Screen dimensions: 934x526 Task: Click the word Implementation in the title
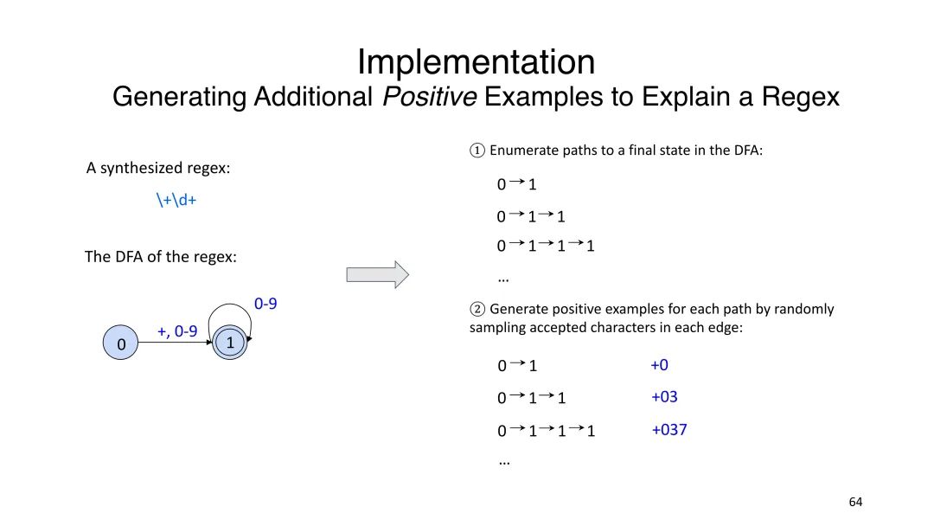point(476,62)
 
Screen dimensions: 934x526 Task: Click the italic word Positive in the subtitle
point(430,97)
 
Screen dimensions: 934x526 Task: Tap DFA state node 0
point(121,344)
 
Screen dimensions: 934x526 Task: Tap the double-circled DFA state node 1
point(230,343)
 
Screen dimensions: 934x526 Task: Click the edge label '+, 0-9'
point(177,330)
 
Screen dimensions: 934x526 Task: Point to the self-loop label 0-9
point(265,304)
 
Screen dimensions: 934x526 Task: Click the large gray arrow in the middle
point(377,274)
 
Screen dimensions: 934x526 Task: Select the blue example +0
point(659,365)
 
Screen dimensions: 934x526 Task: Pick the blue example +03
point(664,397)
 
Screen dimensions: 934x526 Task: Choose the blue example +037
point(669,429)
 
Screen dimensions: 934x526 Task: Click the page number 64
point(855,502)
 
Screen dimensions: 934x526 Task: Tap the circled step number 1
point(477,151)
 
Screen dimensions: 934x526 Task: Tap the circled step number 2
point(477,309)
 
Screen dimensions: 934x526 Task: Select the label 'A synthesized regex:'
point(158,168)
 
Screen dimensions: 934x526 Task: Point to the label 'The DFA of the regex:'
point(160,257)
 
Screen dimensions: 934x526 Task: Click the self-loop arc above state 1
point(229,305)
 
